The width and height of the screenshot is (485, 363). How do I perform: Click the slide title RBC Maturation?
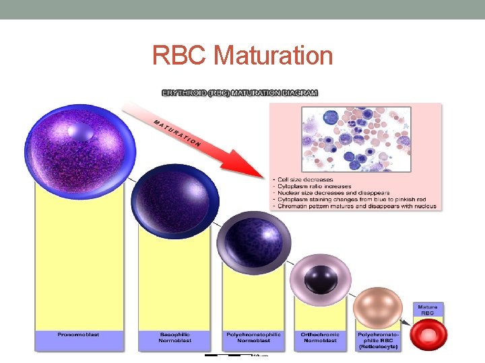[x=243, y=55]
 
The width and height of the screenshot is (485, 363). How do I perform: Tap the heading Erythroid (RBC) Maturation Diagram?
[x=240, y=93]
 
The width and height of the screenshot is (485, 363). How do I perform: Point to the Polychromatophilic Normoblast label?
[x=253, y=337]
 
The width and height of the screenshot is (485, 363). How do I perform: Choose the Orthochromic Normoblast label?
[x=321, y=337]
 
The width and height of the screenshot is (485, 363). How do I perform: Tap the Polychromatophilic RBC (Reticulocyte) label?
[x=378, y=340]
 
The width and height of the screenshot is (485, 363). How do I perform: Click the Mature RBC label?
[x=428, y=310]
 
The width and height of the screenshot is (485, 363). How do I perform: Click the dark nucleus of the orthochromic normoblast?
[x=319, y=277]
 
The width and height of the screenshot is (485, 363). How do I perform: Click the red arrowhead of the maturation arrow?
[x=247, y=162]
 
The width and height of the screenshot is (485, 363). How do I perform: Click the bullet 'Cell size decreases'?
[x=303, y=179]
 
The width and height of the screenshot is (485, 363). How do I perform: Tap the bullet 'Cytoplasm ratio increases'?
[x=311, y=186]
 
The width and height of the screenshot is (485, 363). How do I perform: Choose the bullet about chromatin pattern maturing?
[x=354, y=206]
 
